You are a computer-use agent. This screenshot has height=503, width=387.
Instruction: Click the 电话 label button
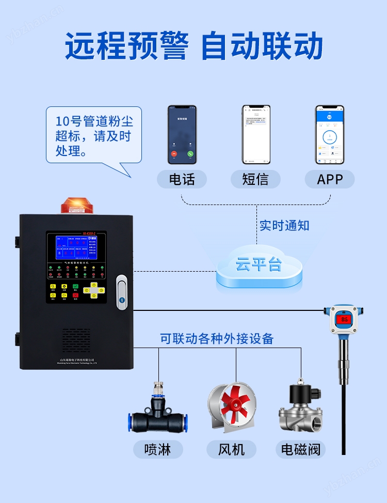click(x=182, y=179)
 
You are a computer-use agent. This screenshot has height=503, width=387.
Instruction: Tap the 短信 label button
click(x=255, y=179)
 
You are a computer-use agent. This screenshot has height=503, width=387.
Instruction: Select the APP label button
click(x=330, y=179)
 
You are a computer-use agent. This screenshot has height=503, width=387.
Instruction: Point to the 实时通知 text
click(x=284, y=225)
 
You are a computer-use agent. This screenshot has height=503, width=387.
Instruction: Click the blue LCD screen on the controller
click(x=76, y=248)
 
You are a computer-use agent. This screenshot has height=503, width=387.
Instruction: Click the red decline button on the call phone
click(x=174, y=153)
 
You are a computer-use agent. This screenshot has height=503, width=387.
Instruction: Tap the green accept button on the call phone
click(x=190, y=153)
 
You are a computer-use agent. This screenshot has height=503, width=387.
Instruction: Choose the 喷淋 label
click(x=157, y=449)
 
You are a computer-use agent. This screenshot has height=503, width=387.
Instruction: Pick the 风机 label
click(x=231, y=449)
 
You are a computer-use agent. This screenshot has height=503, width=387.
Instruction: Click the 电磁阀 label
click(x=301, y=449)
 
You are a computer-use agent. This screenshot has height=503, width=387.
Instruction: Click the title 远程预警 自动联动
click(x=193, y=46)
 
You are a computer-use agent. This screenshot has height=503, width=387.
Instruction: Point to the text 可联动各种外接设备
click(x=217, y=339)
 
